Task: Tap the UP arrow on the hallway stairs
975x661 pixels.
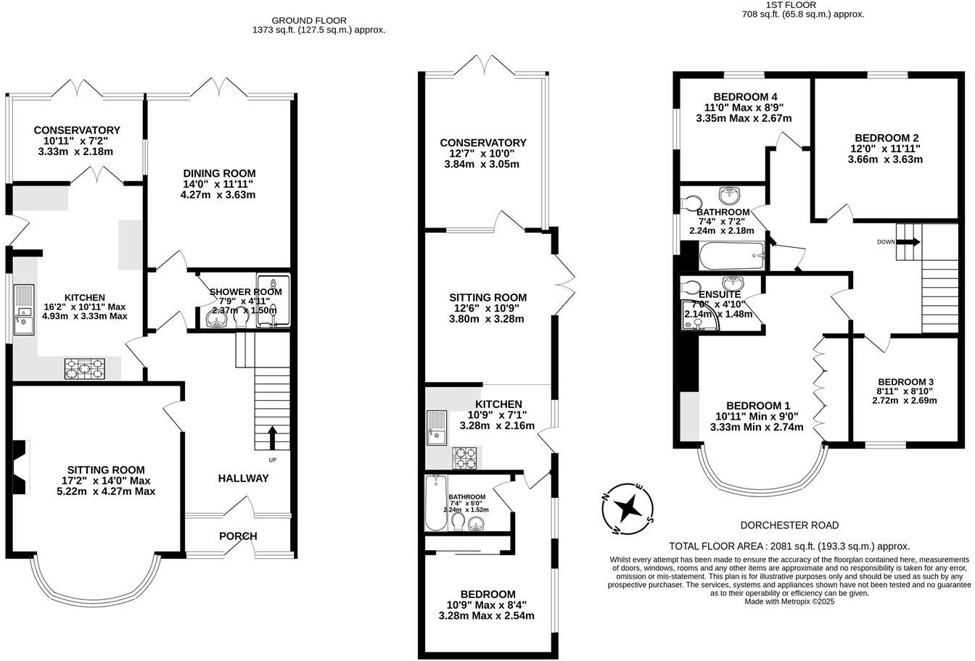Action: pyautogui.click(x=273, y=437)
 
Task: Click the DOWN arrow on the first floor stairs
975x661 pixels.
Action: pyautogui.click(x=908, y=242)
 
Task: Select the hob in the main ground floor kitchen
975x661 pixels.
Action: pyautogui.click(x=85, y=369)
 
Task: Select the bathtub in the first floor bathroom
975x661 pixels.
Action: pyautogui.click(x=732, y=256)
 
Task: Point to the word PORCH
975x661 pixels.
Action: pyautogui.click(x=238, y=536)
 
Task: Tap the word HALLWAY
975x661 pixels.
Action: pyautogui.click(x=243, y=478)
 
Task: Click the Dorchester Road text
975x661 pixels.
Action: pyautogui.click(x=789, y=525)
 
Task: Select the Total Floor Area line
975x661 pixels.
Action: pyautogui.click(x=789, y=546)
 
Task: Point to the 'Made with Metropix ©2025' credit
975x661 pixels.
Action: pyautogui.click(x=789, y=602)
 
